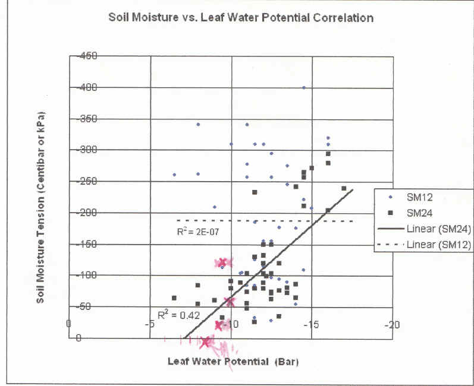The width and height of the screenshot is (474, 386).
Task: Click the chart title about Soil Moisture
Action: pos(241,17)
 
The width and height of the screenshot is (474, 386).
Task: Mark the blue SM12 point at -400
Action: pos(304,87)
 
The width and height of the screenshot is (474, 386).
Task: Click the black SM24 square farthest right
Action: pos(344,189)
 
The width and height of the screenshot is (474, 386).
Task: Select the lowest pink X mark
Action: pos(206,341)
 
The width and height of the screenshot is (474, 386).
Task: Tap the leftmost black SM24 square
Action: pos(174,298)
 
